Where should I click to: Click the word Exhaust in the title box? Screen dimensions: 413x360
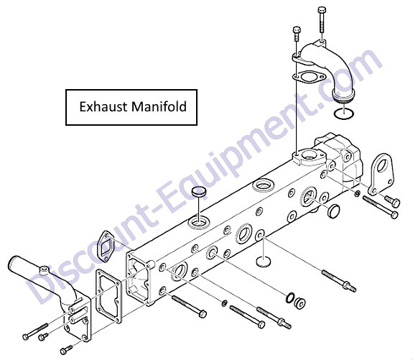pos(104,107)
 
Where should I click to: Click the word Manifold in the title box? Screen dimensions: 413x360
pos(159,106)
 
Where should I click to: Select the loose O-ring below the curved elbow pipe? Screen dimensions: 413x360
pos(344,113)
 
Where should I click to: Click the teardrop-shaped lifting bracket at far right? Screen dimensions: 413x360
pos(381,174)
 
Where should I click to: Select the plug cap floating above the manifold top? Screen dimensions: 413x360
pos(198,191)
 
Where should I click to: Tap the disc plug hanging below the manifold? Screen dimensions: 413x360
pos(264,260)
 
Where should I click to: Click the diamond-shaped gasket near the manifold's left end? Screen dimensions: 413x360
pos(105,246)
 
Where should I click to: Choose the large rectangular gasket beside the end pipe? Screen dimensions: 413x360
pos(108,296)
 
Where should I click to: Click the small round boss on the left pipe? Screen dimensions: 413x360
pos(44,270)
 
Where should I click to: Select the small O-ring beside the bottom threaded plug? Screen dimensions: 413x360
pos(289,297)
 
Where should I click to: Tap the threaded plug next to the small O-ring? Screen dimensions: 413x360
pos(300,303)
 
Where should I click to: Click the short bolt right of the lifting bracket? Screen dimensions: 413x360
pos(392,201)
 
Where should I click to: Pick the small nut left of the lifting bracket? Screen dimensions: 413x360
pos(358,194)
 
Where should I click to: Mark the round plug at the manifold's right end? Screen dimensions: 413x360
pos(333,211)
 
